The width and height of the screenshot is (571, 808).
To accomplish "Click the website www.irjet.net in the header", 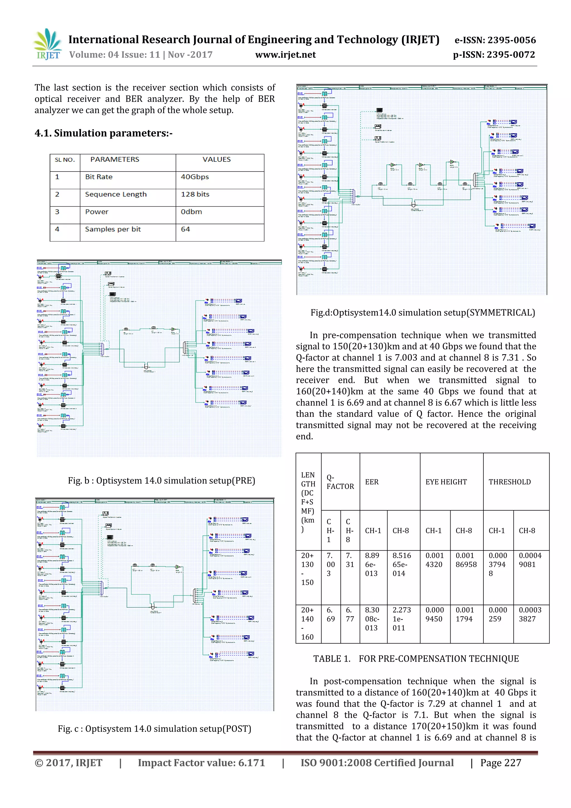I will pos(285,55).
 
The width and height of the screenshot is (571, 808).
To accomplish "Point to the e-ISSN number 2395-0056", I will pos(495,40).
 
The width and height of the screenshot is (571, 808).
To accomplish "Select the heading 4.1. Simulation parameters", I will pos(103,133).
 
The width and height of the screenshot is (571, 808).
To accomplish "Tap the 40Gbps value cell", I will pos(195,177).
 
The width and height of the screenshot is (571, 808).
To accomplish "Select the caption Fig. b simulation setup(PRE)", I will pos(161,481).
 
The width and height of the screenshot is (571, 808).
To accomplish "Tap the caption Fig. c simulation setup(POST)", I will pos(154,729).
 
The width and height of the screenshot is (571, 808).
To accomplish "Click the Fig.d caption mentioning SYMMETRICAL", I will pos(422,312).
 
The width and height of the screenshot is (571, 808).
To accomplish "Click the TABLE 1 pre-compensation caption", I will pos(416,659).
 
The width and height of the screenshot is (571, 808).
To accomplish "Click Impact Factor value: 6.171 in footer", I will pos(201,763).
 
